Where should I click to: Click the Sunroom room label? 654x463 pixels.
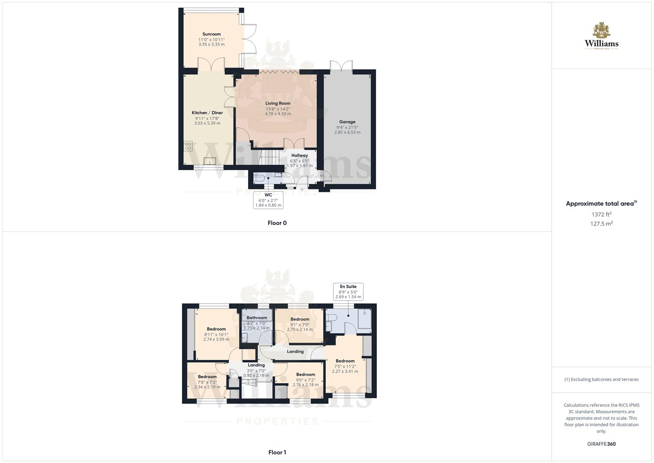[212, 34]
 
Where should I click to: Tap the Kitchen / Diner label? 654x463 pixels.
[207, 113]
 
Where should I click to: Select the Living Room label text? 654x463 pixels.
[278, 103]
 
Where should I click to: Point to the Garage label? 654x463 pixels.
[347, 122]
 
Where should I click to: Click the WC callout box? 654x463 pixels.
[268, 200]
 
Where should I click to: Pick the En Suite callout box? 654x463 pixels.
[348, 292]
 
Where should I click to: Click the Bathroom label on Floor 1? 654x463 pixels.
[257, 318]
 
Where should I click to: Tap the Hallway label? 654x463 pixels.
[299, 156]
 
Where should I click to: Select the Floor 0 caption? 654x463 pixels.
[277, 223]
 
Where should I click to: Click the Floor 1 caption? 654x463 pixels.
[277, 452]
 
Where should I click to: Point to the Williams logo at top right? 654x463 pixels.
[601, 36]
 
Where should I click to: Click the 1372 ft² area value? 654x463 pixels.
[601, 214]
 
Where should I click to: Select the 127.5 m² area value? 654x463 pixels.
[601, 224]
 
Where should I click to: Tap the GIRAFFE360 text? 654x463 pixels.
[601, 444]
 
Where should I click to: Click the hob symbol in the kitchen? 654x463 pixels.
[188, 146]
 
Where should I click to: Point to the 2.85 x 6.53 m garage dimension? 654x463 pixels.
[347, 132]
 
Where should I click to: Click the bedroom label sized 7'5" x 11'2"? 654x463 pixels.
[345, 361]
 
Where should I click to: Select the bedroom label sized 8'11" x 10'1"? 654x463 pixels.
[216, 329]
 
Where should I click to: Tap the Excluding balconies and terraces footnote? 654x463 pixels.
[601, 379]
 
